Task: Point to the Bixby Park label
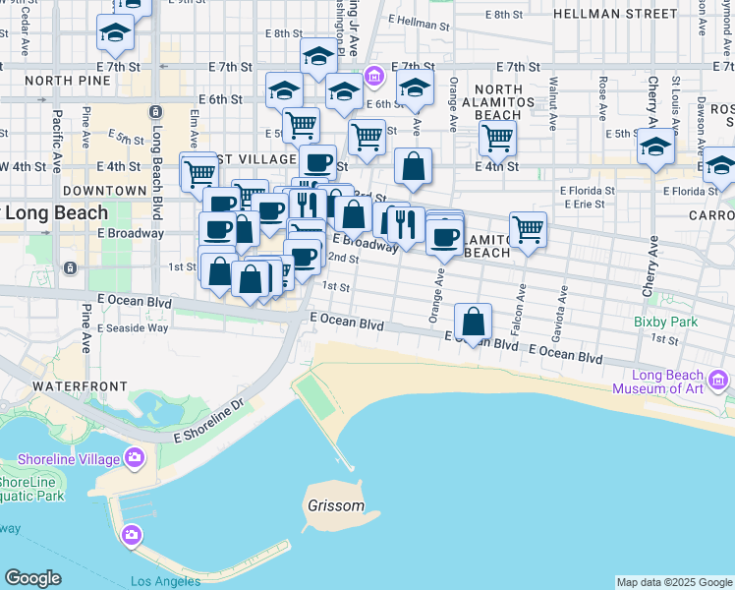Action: coord(665,321)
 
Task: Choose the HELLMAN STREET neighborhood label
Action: coord(615,14)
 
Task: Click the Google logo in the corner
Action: coord(32,578)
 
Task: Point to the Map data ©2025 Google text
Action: coord(673,582)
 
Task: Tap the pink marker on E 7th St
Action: coord(373,76)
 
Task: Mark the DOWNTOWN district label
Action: coord(104,190)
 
